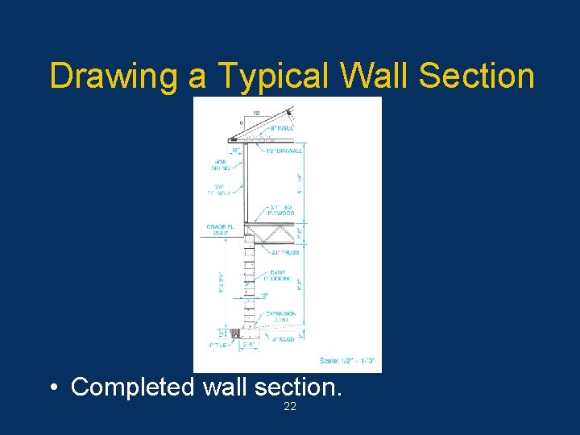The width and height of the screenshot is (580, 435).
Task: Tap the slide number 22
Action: point(290,407)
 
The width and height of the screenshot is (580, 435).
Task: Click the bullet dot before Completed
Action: point(52,387)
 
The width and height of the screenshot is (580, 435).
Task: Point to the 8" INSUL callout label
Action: point(281,127)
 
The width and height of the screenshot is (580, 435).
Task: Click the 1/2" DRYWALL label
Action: point(284,151)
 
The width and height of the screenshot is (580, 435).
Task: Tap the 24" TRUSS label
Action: point(284,252)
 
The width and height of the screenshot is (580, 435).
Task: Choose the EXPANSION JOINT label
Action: point(280,317)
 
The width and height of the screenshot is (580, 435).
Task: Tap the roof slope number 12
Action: point(255,113)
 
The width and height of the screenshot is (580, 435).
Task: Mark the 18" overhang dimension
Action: point(234,151)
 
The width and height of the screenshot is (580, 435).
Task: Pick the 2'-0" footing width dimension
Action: point(249,345)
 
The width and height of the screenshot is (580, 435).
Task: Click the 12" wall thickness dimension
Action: point(263,296)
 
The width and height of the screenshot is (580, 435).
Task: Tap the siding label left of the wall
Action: point(220,165)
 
